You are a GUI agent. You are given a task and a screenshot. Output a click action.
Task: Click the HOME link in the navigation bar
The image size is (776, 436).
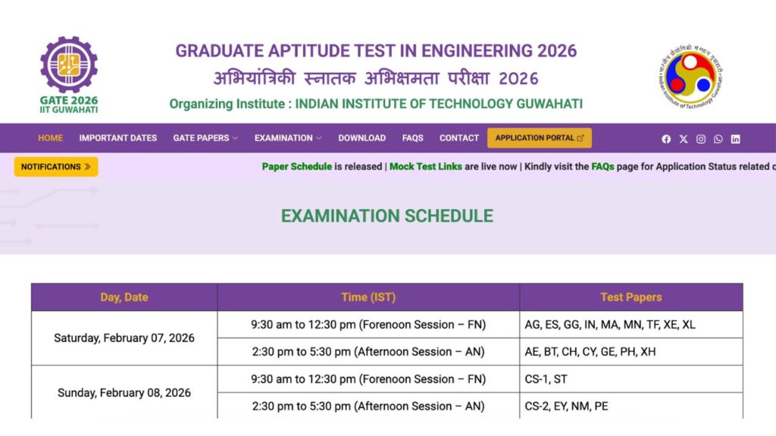click(x=50, y=138)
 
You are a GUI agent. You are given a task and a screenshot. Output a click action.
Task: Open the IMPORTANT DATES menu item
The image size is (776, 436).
click(x=117, y=138)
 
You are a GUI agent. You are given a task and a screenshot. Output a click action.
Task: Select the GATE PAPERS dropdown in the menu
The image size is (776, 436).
click(x=205, y=138)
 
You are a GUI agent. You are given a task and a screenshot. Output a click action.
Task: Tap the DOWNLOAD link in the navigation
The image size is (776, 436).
click(x=361, y=138)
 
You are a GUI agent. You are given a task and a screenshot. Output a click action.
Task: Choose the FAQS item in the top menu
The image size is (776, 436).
click(x=412, y=138)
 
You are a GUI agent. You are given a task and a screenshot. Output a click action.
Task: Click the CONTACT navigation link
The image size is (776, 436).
click(x=459, y=138)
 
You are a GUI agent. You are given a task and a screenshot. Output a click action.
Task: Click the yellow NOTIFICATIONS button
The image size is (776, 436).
click(x=55, y=167)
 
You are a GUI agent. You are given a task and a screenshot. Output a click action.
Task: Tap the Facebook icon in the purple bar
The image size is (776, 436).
click(x=666, y=139)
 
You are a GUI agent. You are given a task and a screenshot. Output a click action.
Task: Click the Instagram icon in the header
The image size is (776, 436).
click(x=701, y=139)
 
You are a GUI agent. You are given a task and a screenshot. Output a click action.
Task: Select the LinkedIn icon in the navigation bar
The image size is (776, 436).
click(x=735, y=139)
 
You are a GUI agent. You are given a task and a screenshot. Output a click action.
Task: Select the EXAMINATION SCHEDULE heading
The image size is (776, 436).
click(x=386, y=216)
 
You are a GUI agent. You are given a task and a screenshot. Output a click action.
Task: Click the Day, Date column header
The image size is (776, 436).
click(x=124, y=297)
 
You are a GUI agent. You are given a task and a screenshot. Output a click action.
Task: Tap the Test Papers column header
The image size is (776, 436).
click(x=630, y=297)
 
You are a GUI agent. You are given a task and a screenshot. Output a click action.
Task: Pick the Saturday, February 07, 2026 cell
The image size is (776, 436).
click(x=124, y=338)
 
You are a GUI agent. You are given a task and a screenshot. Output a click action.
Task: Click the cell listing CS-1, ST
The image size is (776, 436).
click(x=630, y=379)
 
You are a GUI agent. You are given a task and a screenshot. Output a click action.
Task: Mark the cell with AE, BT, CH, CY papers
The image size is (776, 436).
click(x=630, y=352)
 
